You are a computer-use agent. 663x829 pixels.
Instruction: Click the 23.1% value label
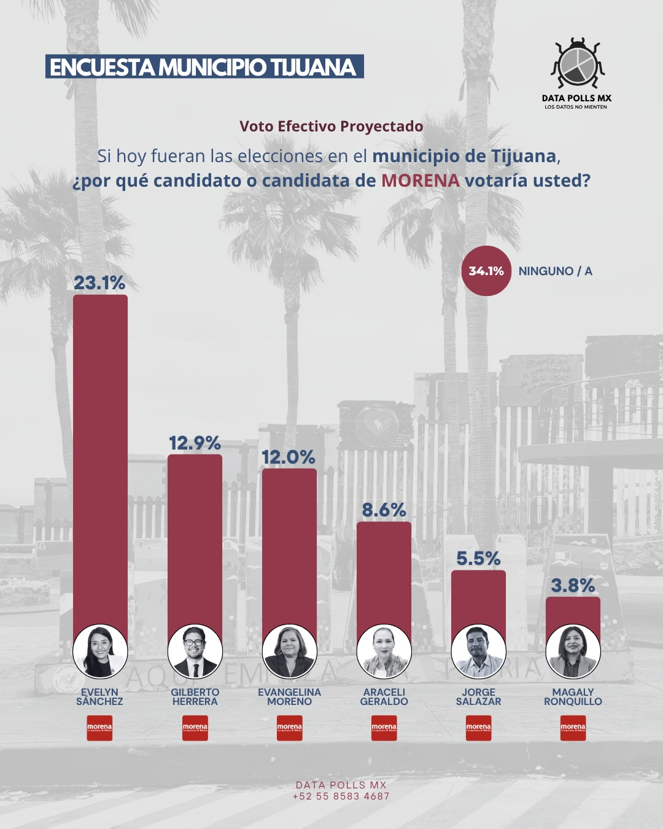click(x=99, y=283)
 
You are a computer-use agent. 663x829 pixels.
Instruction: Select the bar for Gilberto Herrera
click(x=195, y=540)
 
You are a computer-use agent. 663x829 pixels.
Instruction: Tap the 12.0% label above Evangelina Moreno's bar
click(x=289, y=457)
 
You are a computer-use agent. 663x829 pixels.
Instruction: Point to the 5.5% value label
click(x=478, y=559)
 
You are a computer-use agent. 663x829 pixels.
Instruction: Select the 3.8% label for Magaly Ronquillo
click(x=573, y=586)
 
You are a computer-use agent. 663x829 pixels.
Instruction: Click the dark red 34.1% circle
click(x=486, y=271)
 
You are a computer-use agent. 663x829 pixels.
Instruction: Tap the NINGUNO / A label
click(x=555, y=271)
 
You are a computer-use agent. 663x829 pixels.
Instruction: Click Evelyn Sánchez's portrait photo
click(x=100, y=652)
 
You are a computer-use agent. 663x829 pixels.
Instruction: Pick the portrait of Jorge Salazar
click(x=478, y=652)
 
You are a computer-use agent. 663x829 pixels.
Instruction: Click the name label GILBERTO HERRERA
click(x=195, y=697)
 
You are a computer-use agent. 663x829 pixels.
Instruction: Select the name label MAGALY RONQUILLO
click(x=573, y=697)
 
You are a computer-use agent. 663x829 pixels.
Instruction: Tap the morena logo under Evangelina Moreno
click(x=289, y=728)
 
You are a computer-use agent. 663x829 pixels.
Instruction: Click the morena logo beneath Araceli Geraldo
click(x=384, y=728)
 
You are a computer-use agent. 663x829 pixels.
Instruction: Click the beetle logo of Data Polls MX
click(x=577, y=63)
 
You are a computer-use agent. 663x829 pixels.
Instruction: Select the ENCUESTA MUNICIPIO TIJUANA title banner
click(x=204, y=67)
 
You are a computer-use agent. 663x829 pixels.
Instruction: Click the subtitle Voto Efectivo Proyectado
click(x=331, y=126)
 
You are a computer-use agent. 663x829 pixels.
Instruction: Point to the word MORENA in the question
click(x=420, y=181)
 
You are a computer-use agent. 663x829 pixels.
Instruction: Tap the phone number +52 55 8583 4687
click(x=341, y=796)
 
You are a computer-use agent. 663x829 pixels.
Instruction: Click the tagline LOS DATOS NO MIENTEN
click(x=576, y=107)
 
